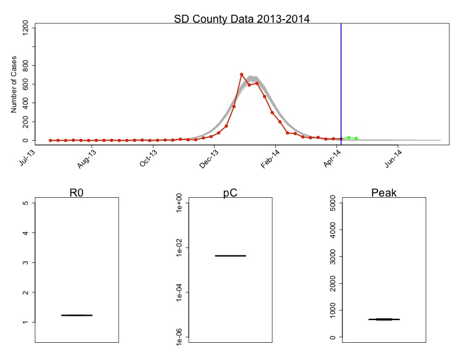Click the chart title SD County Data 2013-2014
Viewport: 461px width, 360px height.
(x=242, y=18)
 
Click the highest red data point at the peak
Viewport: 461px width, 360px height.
(x=242, y=74)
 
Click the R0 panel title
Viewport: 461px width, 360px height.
(x=76, y=193)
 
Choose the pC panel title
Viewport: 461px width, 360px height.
(x=230, y=193)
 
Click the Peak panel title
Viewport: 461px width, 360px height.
(x=384, y=193)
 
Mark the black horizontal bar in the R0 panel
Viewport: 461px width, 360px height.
(x=76, y=315)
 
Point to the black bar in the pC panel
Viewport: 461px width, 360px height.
(x=230, y=256)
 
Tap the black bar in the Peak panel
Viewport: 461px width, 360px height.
(x=384, y=319)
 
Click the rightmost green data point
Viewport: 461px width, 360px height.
(x=356, y=138)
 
